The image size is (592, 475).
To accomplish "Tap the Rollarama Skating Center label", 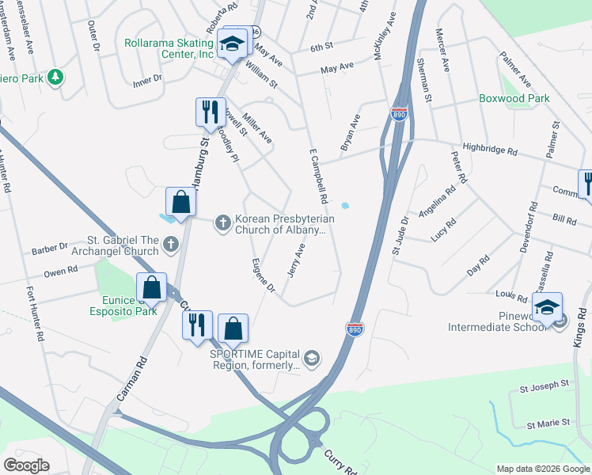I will (x=169, y=48).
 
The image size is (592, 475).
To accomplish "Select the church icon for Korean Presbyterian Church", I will (x=223, y=224).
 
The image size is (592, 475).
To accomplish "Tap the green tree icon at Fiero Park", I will (x=55, y=78).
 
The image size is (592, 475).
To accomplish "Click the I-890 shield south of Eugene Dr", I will (x=355, y=328).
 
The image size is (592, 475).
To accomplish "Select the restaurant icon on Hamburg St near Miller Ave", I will (x=209, y=112).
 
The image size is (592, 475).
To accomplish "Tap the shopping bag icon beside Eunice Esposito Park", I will (x=151, y=288).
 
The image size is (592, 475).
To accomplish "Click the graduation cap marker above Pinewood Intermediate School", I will (x=547, y=308).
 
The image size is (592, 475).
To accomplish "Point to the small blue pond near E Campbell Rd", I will (x=344, y=207).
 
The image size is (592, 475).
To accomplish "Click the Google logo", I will (x=26, y=465).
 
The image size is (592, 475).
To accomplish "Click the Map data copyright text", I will (x=542, y=469).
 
